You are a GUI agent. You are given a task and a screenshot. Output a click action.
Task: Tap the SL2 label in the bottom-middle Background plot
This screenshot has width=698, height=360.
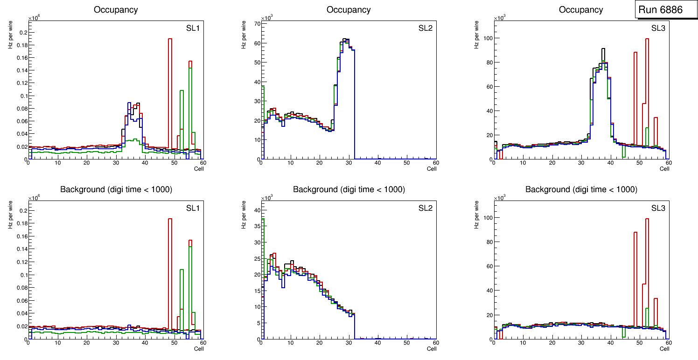pyautogui.click(x=425, y=208)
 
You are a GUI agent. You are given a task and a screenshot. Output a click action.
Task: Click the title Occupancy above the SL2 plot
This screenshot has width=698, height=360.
pyautogui.click(x=349, y=10)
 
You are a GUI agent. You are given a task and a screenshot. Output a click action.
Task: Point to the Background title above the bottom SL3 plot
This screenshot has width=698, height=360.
pyautogui.click(x=581, y=189)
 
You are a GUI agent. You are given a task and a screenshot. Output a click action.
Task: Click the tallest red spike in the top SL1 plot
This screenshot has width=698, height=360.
pyautogui.click(x=170, y=40)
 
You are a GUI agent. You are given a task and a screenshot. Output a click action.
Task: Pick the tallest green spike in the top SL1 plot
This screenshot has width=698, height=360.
pyautogui.click(x=190, y=69)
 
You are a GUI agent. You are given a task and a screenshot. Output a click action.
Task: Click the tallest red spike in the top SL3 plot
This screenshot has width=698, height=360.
pyautogui.click(x=647, y=40)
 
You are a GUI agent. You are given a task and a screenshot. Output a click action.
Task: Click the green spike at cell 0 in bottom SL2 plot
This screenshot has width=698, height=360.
pyautogui.click(x=263, y=219)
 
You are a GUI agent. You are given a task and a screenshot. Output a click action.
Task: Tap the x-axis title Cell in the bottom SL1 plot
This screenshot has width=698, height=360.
pyautogui.click(x=199, y=348)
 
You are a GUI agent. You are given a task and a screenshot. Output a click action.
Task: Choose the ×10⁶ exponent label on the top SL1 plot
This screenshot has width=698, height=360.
pyautogui.click(x=34, y=18)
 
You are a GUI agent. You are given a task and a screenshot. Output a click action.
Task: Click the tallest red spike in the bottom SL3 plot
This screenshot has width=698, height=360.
pyautogui.click(x=647, y=219)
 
